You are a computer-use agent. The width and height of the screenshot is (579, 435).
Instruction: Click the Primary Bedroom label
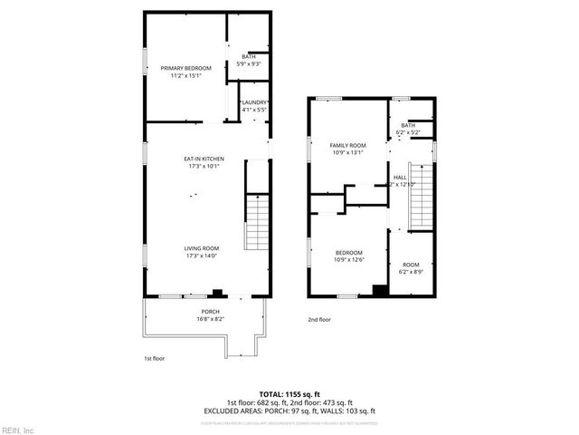pos(186,69)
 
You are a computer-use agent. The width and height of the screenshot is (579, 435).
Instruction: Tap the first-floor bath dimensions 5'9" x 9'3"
pos(248,64)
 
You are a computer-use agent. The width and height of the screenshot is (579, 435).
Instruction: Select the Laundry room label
pos(254,102)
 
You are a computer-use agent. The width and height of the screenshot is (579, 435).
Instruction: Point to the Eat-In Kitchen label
pos(204,159)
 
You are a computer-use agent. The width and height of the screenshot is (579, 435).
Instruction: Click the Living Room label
pos(204,248)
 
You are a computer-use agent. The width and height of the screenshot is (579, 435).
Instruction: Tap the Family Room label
pos(347,145)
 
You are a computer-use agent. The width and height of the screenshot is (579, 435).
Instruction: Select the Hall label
pos(400,177)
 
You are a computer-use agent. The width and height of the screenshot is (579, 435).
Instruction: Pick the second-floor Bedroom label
pos(348,253)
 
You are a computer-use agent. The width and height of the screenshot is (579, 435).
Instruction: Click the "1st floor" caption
pos(156,358)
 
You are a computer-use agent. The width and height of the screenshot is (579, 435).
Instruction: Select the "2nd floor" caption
pos(319,320)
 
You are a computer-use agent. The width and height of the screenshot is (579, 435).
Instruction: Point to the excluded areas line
pos(289,411)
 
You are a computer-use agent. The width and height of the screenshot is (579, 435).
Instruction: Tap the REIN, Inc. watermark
pos(18,428)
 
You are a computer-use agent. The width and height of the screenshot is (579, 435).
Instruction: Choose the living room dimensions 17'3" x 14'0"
pos(204,256)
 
